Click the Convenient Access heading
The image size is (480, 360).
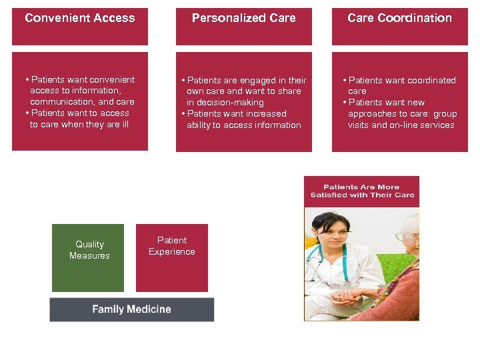(79, 18)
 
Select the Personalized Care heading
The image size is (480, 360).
(243, 18)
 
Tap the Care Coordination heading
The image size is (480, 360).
(399, 18)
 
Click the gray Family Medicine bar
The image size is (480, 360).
(131, 309)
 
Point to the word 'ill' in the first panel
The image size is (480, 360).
(123, 125)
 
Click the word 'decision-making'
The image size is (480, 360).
(225, 103)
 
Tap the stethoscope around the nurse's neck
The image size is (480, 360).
(344, 260)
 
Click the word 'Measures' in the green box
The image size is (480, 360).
(89, 256)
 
